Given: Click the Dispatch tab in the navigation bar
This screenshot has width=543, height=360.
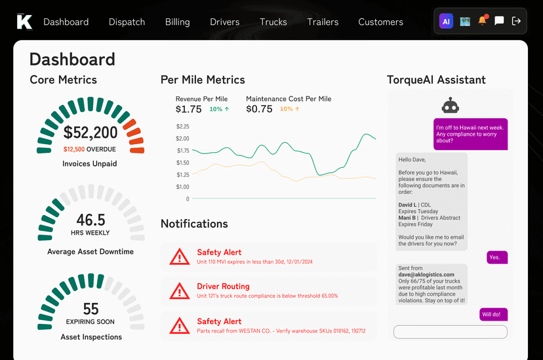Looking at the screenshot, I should click(x=127, y=22).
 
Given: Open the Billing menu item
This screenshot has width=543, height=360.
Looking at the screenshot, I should click(x=177, y=22).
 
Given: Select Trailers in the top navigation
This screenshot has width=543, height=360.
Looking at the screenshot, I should click(x=323, y=22).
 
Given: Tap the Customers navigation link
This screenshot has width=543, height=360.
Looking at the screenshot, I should click(x=380, y=22).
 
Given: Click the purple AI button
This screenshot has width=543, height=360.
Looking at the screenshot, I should click(x=446, y=21).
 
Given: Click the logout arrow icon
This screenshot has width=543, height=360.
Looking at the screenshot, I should click(x=516, y=21).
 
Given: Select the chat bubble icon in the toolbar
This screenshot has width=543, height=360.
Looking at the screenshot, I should click(x=499, y=21).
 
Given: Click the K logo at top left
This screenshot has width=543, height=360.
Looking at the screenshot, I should click(x=24, y=22).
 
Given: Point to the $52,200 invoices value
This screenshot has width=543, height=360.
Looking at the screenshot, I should click(x=90, y=133).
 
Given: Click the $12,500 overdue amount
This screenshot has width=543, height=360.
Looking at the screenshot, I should click(x=74, y=149).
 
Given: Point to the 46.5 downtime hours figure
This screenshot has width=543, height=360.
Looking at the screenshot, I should click(x=90, y=220).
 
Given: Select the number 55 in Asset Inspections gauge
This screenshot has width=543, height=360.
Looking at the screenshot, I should click(x=90, y=308).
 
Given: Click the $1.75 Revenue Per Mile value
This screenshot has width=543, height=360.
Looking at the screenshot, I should click(x=188, y=110).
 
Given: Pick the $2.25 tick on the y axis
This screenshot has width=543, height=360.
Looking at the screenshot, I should click(x=182, y=127).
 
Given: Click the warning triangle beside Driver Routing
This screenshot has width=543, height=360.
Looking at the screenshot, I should click(x=179, y=291).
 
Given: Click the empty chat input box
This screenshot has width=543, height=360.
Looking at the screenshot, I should click(x=450, y=332).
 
